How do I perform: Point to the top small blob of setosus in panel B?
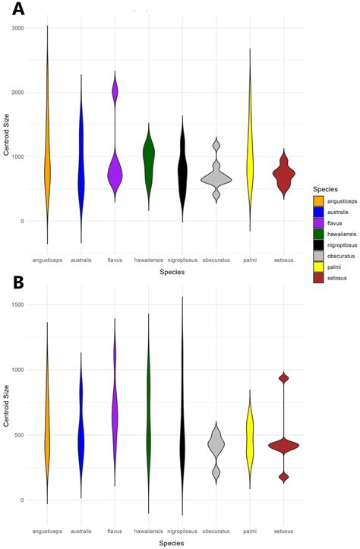pyautogui.click(x=284, y=378)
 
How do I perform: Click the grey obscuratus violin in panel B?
pyautogui.click(x=216, y=446)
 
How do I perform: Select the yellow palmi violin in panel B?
pyautogui.click(x=250, y=441)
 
